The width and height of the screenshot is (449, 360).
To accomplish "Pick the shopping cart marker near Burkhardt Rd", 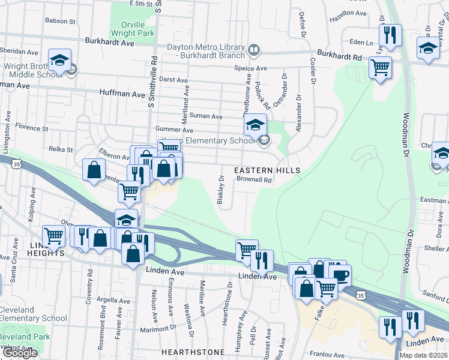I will click(381, 69).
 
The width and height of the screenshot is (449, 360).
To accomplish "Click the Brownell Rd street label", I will click(255, 179).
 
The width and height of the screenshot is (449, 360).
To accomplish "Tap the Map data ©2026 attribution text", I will click(423, 355).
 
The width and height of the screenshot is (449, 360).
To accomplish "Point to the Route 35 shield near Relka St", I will click(17, 163).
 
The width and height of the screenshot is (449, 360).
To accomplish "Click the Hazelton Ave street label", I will click(349, 13).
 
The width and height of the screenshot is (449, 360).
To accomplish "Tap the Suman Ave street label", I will click(206, 116).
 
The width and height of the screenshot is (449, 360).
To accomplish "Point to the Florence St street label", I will click(32, 128).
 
